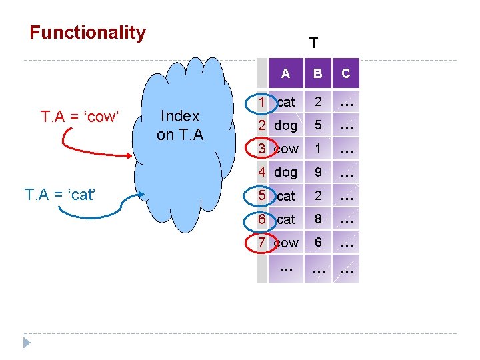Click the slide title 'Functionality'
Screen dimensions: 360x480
click(87, 33)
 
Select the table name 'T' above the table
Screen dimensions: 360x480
click(313, 43)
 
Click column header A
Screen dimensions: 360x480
click(285, 74)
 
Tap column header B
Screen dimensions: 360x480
click(318, 74)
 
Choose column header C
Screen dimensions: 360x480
click(345, 74)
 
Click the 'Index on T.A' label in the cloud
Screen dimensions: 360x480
click(180, 125)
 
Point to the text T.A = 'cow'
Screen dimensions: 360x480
click(79, 117)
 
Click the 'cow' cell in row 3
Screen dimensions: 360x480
click(286, 149)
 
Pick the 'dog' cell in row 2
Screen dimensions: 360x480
click(286, 125)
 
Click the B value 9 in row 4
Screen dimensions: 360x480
click(319, 172)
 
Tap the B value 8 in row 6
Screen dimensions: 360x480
click(319, 219)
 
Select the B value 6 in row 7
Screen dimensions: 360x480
click(319, 243)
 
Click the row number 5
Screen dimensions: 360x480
click(263, 195)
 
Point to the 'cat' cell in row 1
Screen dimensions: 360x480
click(285, 102)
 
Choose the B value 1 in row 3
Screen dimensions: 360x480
click(319, 149)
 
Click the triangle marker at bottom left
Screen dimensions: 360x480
click(27, 343)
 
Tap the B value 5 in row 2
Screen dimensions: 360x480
click(319, 125)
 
